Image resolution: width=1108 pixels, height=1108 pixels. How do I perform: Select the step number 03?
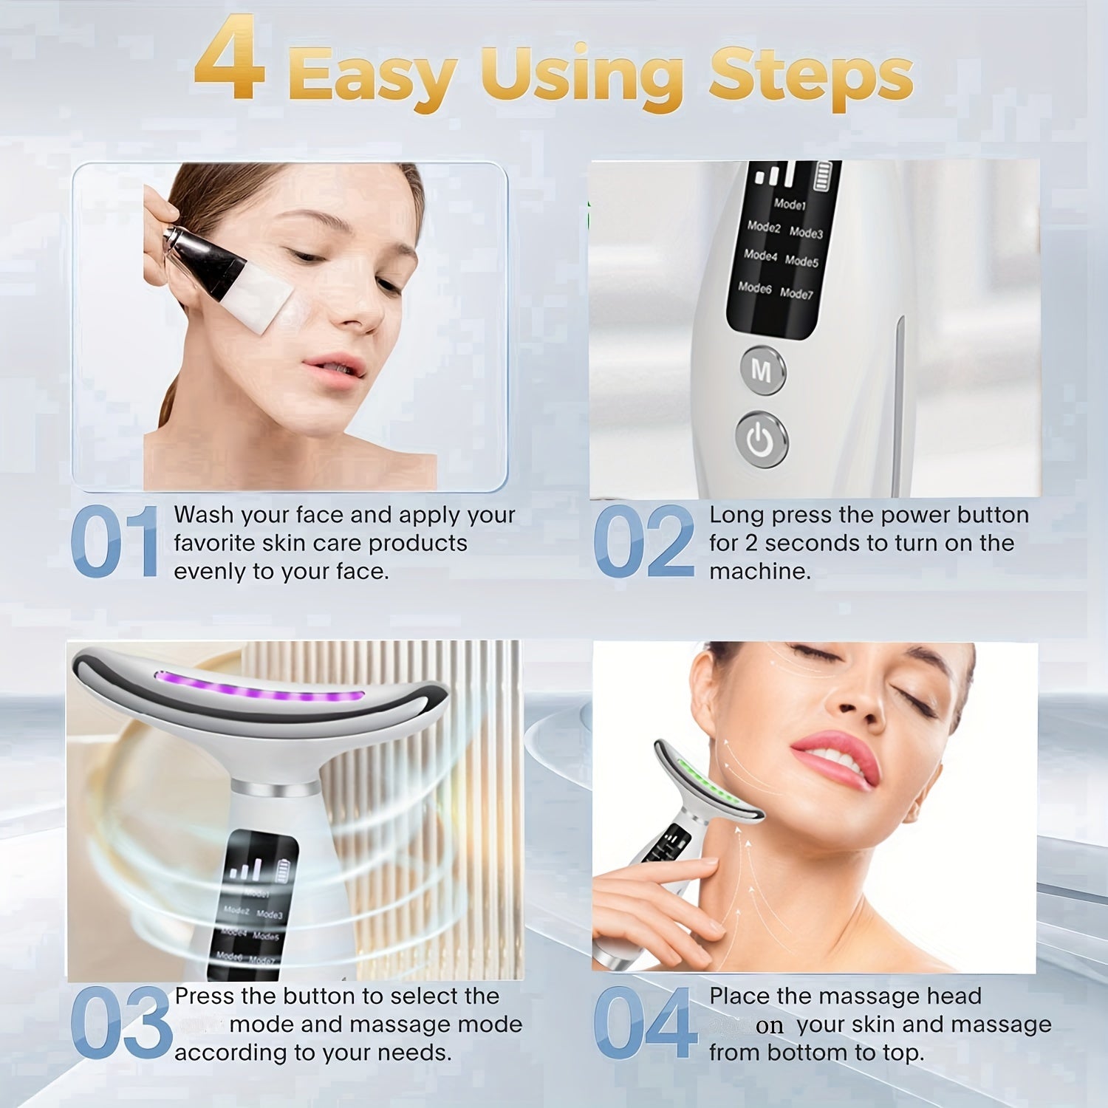(x=121, y=1024)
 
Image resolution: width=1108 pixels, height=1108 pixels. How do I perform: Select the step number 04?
(x=646, y=1024)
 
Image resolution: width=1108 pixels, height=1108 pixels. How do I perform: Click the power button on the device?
(x=761, y=441)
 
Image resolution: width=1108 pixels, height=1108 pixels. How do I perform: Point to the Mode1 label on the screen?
(x=790, y=203)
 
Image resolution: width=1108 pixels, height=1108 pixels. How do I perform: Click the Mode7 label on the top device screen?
(x=796, y=293)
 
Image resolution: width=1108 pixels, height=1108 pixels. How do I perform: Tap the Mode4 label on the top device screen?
(x=760, y=256)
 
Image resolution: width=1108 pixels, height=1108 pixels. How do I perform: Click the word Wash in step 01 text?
(x=202, y=515)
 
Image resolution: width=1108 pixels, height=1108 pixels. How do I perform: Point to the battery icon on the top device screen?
(x=822, y=177)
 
